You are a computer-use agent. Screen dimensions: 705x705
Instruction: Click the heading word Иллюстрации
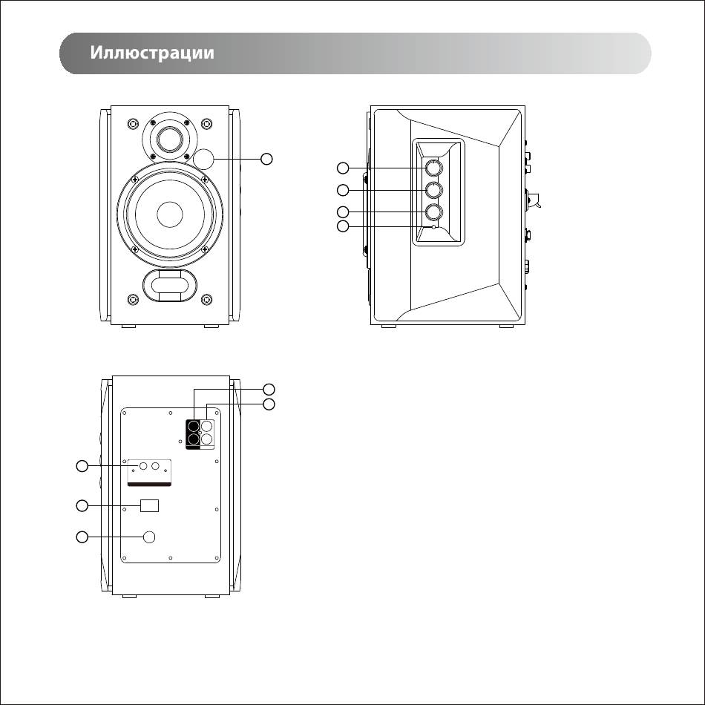click(x=152, y=53)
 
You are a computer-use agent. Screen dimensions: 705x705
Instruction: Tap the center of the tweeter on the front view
click(x=170, y=137)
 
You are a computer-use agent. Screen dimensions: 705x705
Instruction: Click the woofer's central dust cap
click(x=170, y=214)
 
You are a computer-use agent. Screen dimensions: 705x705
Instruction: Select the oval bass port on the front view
click(x=170, y=286)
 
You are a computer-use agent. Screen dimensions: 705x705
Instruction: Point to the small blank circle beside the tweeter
click(x=203, y=159)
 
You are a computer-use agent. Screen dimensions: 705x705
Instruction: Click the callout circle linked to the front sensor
click(x=267, y=159)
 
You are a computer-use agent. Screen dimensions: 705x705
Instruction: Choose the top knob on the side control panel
click(x=434, y=168)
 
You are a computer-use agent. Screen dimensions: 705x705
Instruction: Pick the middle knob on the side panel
click(x=434, y=190)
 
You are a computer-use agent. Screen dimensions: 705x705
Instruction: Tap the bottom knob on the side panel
click(x=434, y=211)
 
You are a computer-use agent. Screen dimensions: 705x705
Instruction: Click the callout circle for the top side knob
click(x=343, y=168)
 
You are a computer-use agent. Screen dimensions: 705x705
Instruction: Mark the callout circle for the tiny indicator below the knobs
click(x=343, y=226)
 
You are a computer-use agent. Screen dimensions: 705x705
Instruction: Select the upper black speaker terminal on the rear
click(x=194, y=426)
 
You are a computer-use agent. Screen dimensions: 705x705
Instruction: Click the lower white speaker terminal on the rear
click(x=206, y=439)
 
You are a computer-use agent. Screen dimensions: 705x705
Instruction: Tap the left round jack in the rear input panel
click(x=143, y=466)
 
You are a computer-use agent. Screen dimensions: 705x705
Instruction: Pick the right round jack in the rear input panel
click(x=156, y=466)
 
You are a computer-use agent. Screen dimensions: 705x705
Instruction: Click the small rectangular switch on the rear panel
click(x=150, y=506)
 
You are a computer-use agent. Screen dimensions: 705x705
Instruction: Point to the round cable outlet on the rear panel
click(x=149, y=537)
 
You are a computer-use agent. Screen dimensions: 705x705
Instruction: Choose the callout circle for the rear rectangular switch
click(x=82, y=506)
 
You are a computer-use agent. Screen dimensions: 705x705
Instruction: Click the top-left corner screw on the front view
click(x=133, y=123)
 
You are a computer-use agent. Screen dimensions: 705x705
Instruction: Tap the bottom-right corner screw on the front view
click(x=206, y=299)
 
